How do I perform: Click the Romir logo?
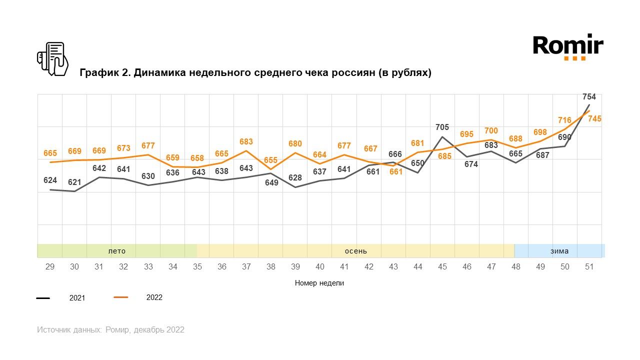568,47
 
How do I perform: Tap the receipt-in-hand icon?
52,59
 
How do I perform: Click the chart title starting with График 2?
255,73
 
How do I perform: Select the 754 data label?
589,97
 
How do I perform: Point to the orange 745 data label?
594,119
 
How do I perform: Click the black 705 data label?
442,127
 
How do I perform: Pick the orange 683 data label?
246,142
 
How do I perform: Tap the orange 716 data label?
564,120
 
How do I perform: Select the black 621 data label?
74,182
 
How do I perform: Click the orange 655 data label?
270,160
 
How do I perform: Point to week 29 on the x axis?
50,267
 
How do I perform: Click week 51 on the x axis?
589,267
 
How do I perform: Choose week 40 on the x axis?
320,267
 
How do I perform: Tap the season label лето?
117,251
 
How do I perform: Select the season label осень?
356,251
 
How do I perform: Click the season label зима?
559,251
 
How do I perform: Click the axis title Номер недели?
319,283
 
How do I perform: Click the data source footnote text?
110,330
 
